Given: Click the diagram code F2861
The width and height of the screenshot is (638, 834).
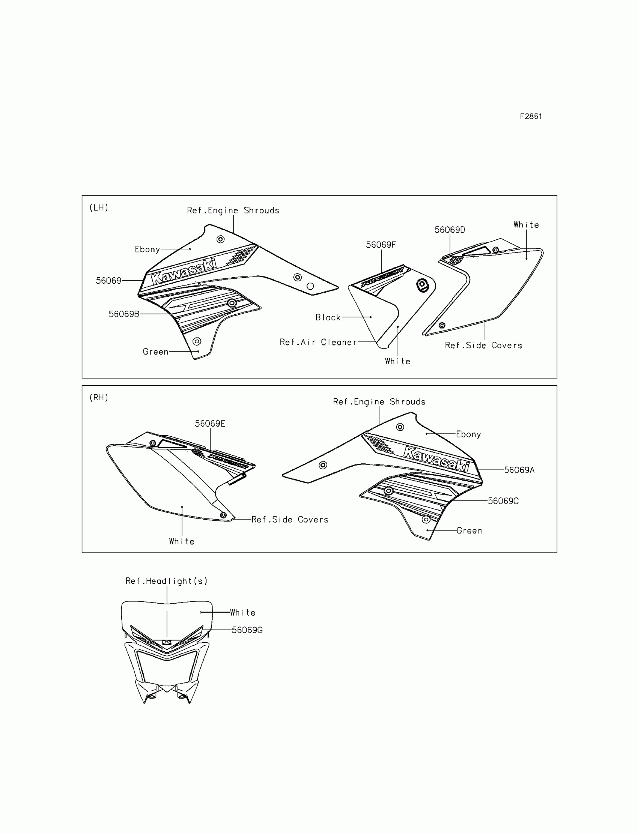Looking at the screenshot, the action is pyautogui.click(x=531, y=117).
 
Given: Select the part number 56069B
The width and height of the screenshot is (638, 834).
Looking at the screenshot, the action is pyautogui.click(x=124, y=314).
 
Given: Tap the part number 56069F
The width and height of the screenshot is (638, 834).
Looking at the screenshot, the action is pyautogui.click(x=381, y=245).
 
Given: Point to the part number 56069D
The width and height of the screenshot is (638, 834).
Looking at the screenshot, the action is pyautogui.click(x=450, y=230).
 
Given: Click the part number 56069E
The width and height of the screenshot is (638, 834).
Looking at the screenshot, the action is pyautogui.click(x=210, y=424).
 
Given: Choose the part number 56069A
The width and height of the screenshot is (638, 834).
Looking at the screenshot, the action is pyautogui.click(x=519, y=470).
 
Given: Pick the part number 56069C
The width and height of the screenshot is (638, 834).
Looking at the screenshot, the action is pyautogui.click(x=503, y=501).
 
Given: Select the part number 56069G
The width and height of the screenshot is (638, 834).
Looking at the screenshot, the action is pyautogui.click(x=247, y=630).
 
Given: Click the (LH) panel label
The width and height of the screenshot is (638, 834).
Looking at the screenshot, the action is pyautogui.click(x=99, y=207).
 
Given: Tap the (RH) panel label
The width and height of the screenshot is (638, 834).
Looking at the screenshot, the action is pyautogui.click(x=99, y=397).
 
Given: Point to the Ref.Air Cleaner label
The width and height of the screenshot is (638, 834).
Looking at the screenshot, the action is pyautogui.click(x=318, y=342).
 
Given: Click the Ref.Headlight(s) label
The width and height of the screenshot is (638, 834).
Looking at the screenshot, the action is pyautogui.click(x=166, y=581).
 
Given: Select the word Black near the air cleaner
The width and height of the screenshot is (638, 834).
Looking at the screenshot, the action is pyautogui.click(x=328, y=317).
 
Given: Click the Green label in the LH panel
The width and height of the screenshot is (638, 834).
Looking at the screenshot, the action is pyautogui.click(x=155, y=352).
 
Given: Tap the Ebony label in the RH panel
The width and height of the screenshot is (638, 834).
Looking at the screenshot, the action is pyautogui.click(x=468, y=434).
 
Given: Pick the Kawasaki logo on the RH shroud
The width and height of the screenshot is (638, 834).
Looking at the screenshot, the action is pyautogui.click(x=436, y=459).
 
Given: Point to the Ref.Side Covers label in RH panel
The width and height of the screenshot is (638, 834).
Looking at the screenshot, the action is pyautogui.click(x=290, y=520).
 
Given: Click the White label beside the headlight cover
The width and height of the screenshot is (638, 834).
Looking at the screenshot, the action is pyautogui.click(x=242, y=613).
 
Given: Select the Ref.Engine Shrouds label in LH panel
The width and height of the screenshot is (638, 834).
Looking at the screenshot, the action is pyautogui.click(x=233, y=210).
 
